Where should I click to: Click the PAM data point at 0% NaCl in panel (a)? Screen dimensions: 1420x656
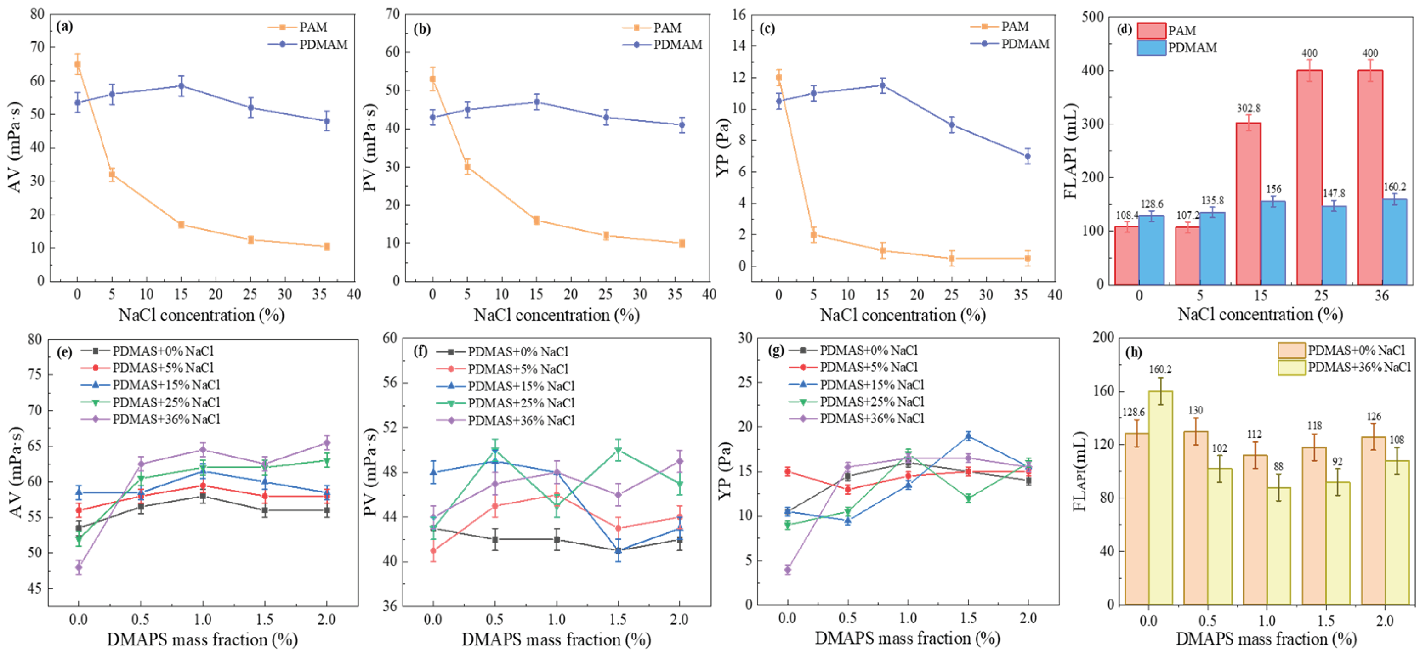[x=78, y=64]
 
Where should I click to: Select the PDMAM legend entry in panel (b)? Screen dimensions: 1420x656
[x=677, y=45]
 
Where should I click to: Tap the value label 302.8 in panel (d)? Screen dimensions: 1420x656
[x=1248, y=108]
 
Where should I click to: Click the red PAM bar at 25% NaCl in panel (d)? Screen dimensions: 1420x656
[x=1309, y=176]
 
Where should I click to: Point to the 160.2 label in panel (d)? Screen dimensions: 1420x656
[x=1395, y=187]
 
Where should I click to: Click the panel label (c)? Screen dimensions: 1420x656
[x=767, y=28]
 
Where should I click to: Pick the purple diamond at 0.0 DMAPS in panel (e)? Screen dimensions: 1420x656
[x=79, y=567]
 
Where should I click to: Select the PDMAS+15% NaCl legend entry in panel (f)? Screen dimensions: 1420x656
[x=520, y=386]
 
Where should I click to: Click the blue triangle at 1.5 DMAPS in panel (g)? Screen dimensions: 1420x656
[x=968, y=436]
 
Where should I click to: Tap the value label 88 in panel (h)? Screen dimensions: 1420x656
[x=1278, y=467]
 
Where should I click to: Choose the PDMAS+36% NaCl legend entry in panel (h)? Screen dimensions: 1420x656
[x=1358, y=367]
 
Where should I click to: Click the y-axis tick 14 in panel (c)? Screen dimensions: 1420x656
[x=738, y=46]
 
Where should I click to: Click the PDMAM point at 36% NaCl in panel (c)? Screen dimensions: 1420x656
[x=1028, y=156]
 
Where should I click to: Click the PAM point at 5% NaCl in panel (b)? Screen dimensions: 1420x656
[x=467, y=166]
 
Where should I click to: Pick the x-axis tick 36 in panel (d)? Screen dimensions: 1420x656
[x=1381, y=296]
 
